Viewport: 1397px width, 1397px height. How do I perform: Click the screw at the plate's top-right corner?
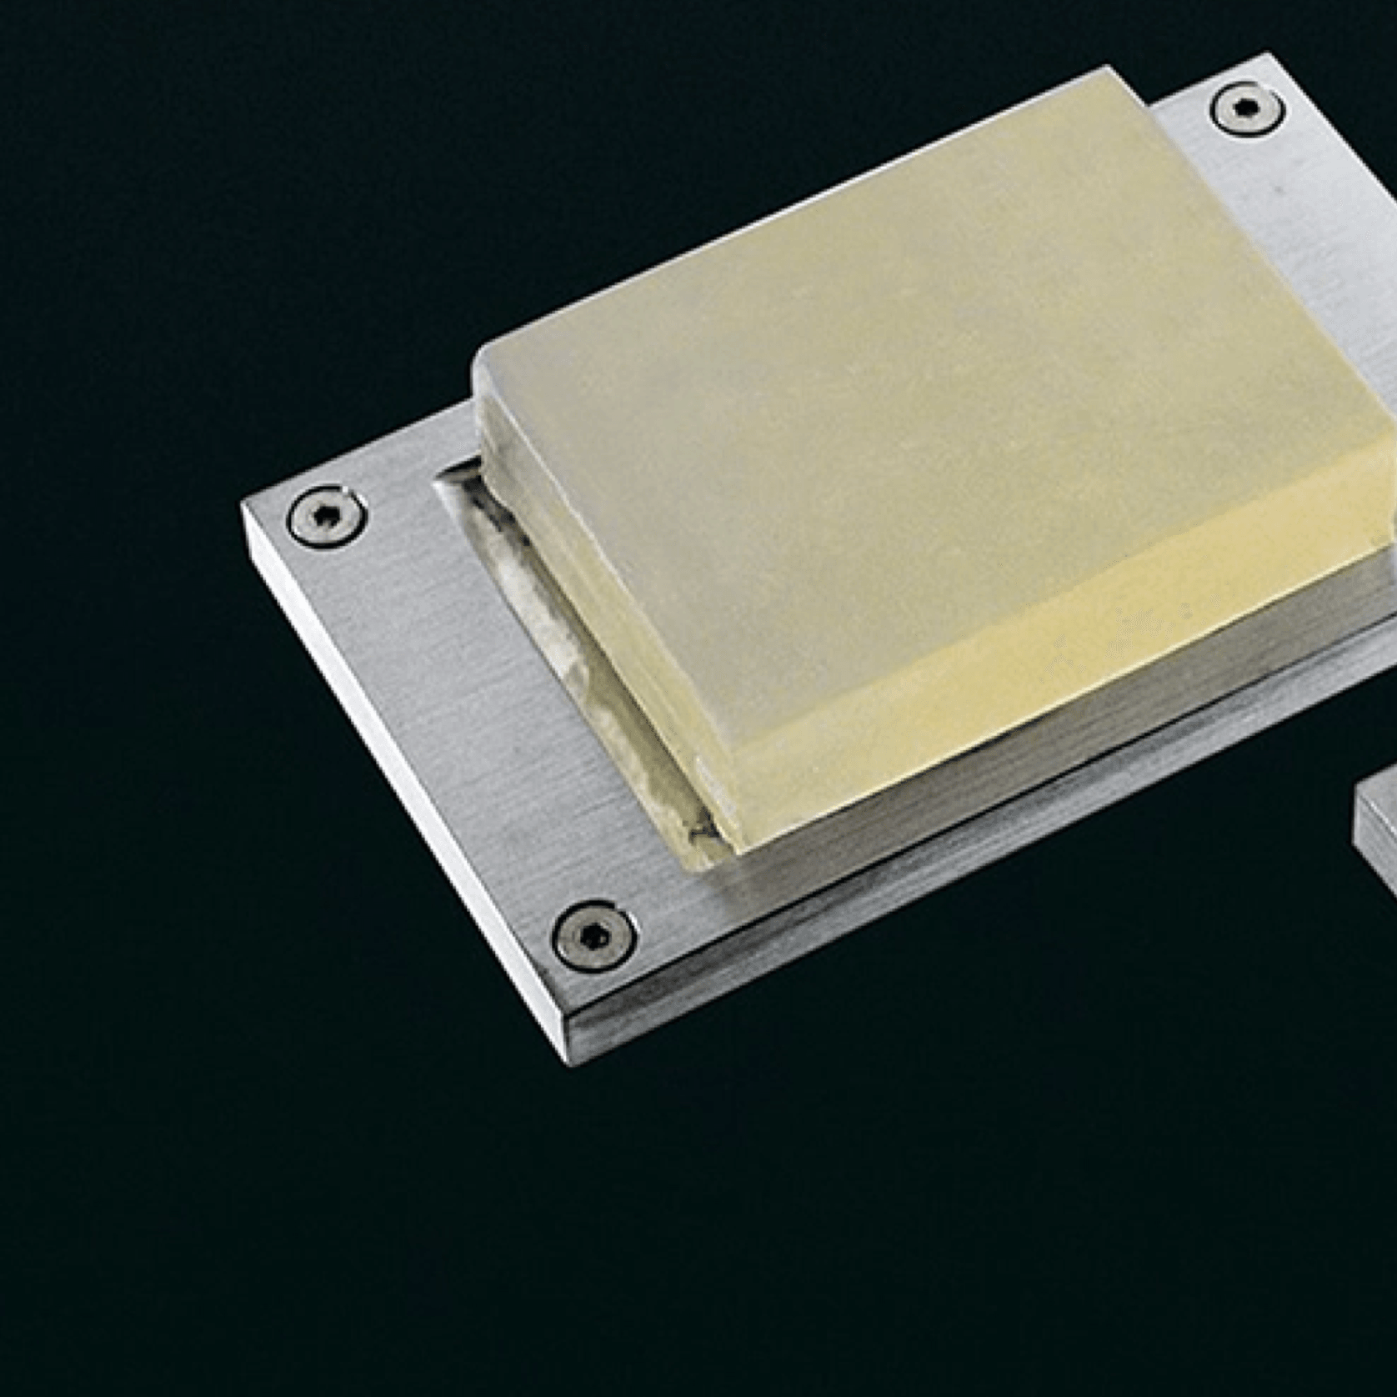1247,108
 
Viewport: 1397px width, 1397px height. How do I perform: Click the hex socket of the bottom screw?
593,935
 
